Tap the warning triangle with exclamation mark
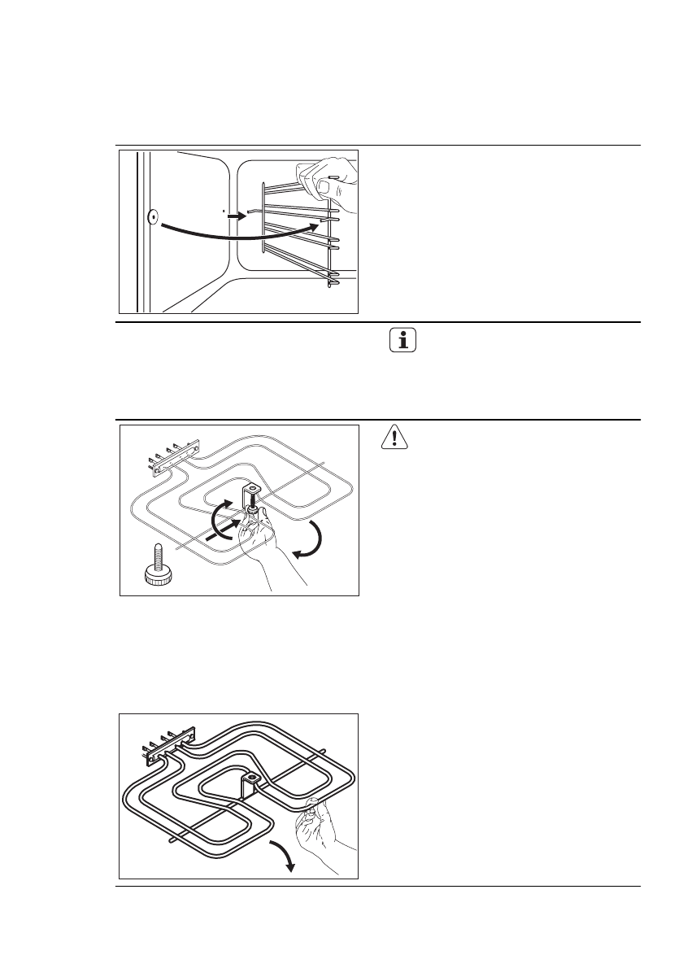(394, 438)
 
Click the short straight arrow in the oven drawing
(233, 217)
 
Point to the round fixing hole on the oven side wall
(151, 217)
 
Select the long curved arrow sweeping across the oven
(236, 237)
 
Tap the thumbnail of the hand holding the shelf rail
(324, 186)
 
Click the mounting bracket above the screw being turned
(251, 493)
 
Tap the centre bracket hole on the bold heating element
(254, 778)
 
